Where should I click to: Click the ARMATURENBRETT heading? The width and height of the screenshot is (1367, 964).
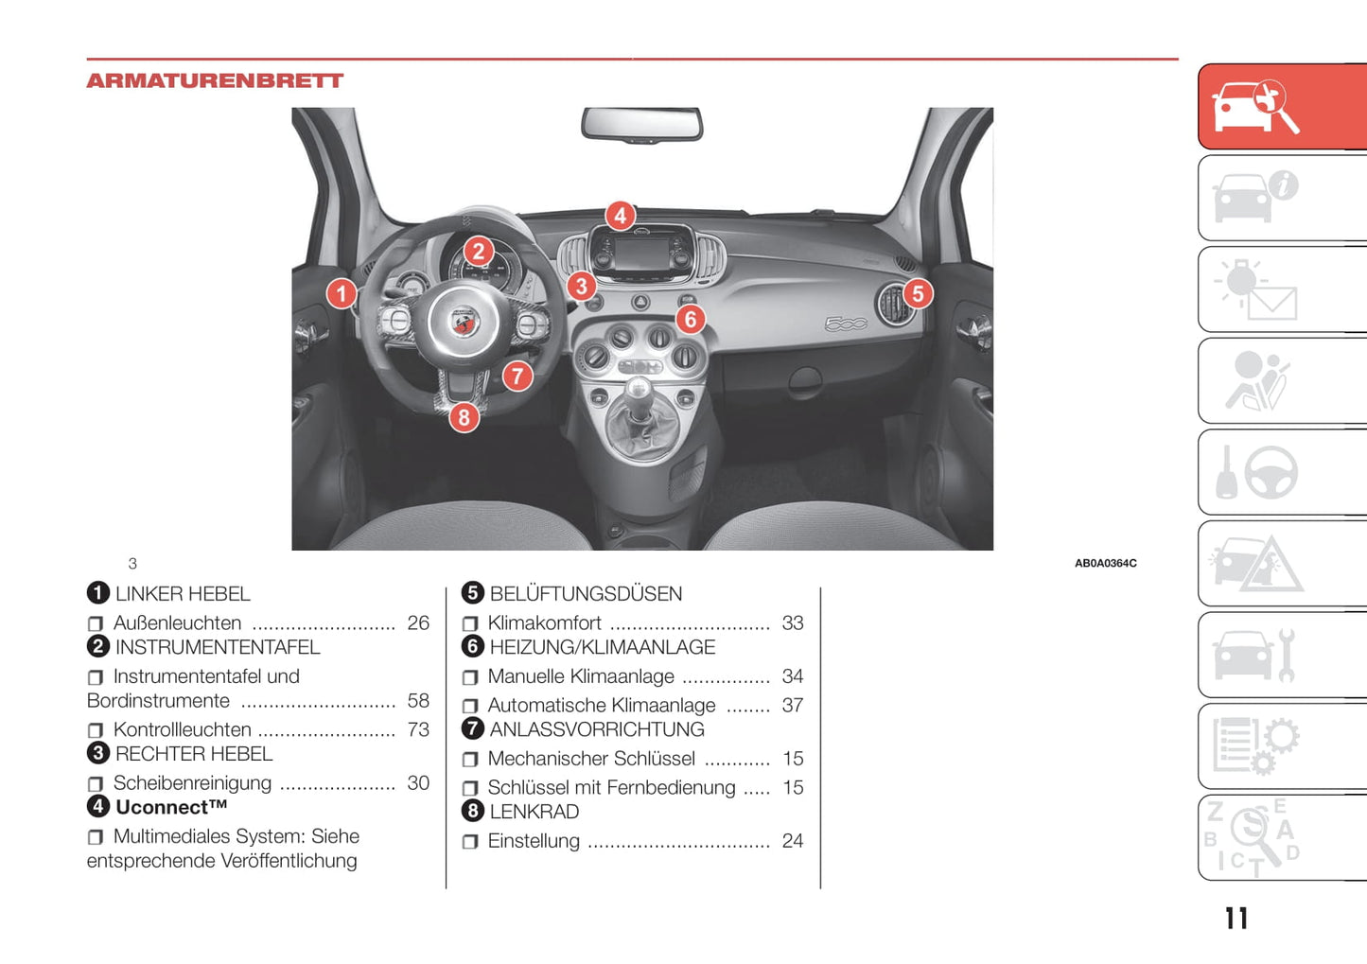[x=215, y=81]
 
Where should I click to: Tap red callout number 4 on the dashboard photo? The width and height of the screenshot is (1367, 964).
[x=620, y=216]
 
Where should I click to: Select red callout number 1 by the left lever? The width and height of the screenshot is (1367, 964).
[x=342, y=293]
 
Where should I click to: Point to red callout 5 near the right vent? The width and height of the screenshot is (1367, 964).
[x=917, y=293]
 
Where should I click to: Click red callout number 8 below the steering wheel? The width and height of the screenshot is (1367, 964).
[x=464, y=417]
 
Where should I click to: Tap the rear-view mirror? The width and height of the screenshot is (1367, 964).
[x=641, y=124]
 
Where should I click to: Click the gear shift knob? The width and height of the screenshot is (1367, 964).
[x=640, y=389]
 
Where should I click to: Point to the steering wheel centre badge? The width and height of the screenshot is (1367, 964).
[x=464, y=322]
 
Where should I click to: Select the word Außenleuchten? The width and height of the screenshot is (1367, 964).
[x=177, y=623]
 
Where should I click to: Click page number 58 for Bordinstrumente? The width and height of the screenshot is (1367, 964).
[x=418, y=701]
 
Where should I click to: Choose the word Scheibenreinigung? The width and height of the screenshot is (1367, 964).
[x=192, y=783]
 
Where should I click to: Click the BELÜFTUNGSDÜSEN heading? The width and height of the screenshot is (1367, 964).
[x=586, y=594]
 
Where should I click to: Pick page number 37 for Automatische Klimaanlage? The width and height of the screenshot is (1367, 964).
[x=793, y=706]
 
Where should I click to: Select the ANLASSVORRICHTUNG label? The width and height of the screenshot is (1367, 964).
[x=597, y=729]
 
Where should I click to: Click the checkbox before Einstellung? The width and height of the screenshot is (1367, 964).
[x=470, y=842]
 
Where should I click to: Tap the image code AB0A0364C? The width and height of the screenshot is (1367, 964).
[x=1105, y=563]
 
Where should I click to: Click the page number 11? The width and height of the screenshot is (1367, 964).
[x=1236, y=919]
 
